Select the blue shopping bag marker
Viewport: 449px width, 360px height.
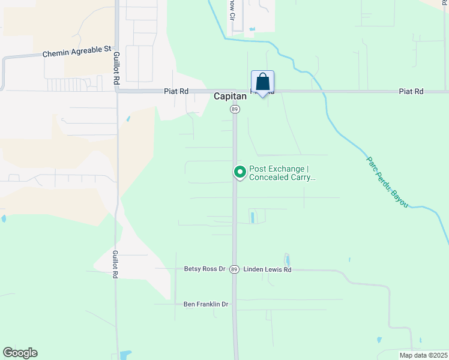pos(262,82)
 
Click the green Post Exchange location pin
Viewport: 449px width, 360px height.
pos(240,173)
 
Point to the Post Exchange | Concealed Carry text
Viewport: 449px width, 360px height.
pos(282,173)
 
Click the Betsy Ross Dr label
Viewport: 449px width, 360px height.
pos(204,269)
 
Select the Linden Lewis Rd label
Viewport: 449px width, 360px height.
pos(267,269)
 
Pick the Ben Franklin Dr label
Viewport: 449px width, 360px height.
pos(206,304)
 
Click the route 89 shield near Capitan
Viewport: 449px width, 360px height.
pos(234,109)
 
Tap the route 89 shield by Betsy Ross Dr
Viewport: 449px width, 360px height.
pos(234,269)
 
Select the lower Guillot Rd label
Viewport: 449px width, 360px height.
pos(115,264)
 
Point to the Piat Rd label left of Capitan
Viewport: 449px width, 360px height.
pos(176,91)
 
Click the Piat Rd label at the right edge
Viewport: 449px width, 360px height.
pos(411,91)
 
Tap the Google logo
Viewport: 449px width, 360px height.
pos(20,353)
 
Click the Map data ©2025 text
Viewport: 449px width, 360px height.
pos(423,355)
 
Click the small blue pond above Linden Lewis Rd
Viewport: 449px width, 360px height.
pos(287,260)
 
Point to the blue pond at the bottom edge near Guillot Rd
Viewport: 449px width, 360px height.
pos(125,355)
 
